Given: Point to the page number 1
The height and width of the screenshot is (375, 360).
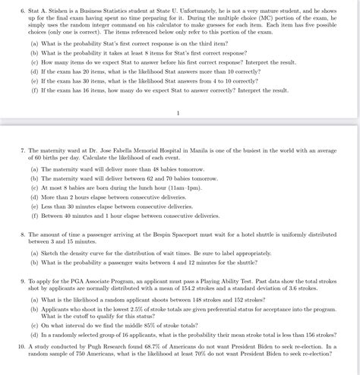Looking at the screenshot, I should [x=177, y=114].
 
